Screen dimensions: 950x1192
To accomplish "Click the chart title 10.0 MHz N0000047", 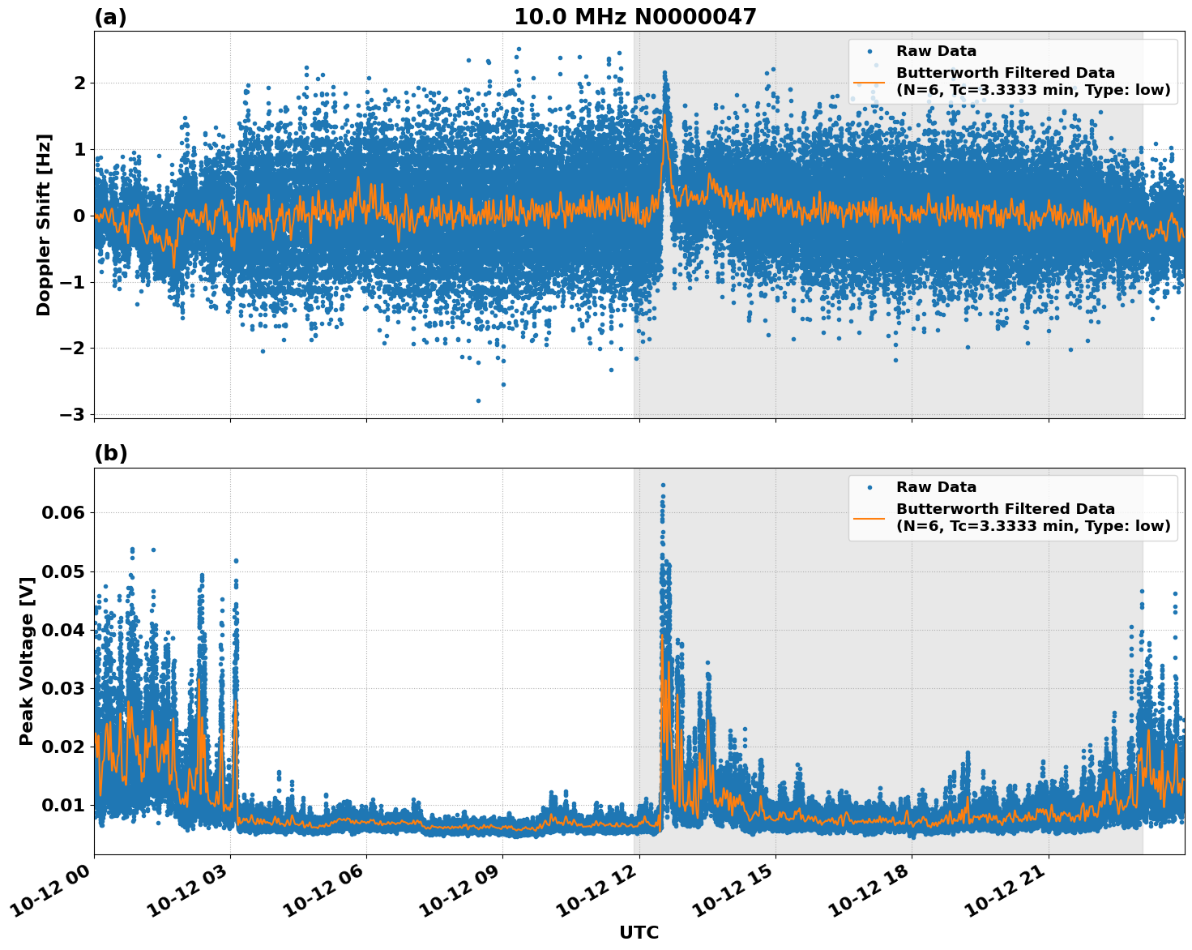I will (x=634, y=17).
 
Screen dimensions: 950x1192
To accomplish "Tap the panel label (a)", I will (x=110, y=17).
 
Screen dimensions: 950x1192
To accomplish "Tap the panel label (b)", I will (x=110, y=453).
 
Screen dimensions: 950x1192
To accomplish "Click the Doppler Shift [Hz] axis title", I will (x=44, y=225).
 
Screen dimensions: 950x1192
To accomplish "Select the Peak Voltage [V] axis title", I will (x=27, y=661).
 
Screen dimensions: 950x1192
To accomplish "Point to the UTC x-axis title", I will (x=639, y=932).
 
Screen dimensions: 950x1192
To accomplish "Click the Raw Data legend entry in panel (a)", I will (x=936, y=51).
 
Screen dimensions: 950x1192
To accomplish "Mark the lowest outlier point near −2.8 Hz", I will (x=478, y=400).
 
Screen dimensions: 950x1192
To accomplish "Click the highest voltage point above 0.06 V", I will (x=663, y=485).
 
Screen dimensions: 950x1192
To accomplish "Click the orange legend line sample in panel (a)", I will (x=869, y=81).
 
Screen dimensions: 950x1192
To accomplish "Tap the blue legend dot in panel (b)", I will (x=869, y=487).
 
